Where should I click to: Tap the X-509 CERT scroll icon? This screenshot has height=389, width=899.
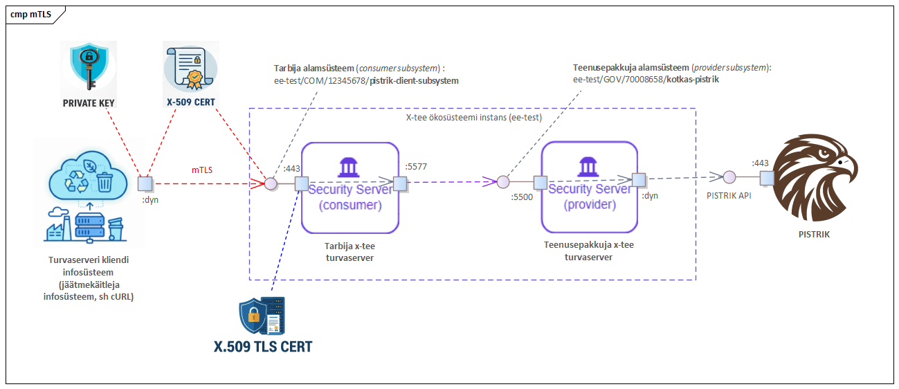(191, 68)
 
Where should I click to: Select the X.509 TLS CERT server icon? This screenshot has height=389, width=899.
(262, 316)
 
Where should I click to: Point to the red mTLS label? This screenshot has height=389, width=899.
(202, 170)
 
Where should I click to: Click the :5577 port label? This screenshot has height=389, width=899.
(416, 166)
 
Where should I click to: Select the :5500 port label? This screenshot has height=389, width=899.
(522, 197)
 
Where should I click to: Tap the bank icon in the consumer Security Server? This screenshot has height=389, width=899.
(348, 167)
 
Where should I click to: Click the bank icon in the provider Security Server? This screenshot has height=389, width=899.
(588, 167)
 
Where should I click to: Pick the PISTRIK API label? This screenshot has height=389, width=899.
(729, 195)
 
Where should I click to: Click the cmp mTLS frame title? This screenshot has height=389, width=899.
(31, 15)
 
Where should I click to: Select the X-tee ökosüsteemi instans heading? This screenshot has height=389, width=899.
(473, 117)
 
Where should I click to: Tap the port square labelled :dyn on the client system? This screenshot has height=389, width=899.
(145, 184)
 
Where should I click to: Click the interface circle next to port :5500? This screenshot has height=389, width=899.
(503, 182)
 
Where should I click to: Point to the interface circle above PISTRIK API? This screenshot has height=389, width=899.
(729, 177)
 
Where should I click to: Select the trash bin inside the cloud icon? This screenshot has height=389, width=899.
(105, 182)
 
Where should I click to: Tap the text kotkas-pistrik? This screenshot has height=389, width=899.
(693, 80)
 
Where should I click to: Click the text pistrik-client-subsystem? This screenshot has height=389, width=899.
(414, 81)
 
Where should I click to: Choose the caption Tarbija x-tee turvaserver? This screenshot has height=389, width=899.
(349, 252)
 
